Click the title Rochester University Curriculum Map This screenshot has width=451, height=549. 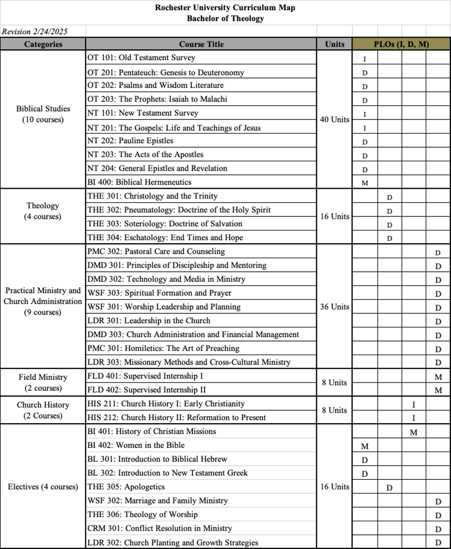tap(225, 8)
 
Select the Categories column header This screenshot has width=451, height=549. tap(43, 45)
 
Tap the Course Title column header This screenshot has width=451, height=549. tap(201, 45)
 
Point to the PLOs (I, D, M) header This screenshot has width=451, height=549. tap(401, 45)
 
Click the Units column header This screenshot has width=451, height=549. tap(335, 45)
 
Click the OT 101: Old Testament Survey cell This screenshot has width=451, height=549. tap(141, 58)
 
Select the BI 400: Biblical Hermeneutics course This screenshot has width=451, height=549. tap(139, 182)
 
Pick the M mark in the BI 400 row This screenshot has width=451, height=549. tap(365, 183)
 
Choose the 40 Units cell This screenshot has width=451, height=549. tap(335, 119)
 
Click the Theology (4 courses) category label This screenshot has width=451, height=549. tap(43, 211)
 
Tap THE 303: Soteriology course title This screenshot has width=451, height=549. tap(165, 224)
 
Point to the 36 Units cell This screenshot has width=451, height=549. tap(335, 306)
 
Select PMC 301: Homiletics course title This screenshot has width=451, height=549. tap(163, 348)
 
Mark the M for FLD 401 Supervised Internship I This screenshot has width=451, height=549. tap(438, 377)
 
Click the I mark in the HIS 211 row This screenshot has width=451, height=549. tap(414, 404)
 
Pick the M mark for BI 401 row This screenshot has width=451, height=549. tap(414, 432)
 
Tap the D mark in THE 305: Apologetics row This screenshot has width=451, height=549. tap(390, 488)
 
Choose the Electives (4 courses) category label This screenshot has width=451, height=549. tap(43, 487)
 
